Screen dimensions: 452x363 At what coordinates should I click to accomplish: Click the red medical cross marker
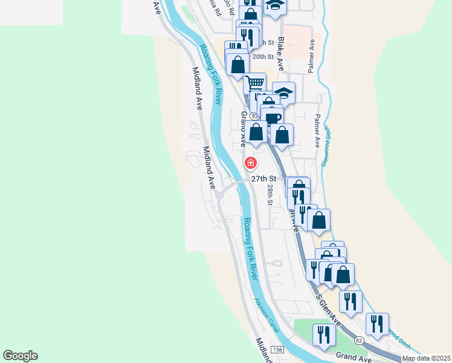[250, 163]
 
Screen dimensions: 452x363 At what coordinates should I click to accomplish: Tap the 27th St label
[263, 179]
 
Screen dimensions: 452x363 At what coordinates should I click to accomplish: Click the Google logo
[20, 356]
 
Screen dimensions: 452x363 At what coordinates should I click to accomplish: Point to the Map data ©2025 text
[426, 358]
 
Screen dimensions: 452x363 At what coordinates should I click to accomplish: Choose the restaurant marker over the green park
[324, 333]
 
